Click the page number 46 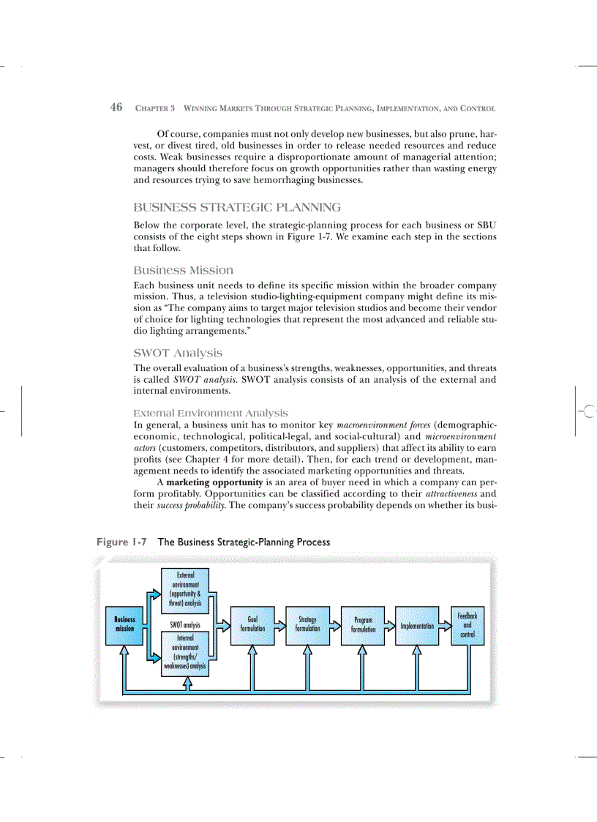pyautogui.click(x=116, y=108)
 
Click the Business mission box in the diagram pyautogui.click(x=124, y=624)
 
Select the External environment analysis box pyautogui.click(x=185, y=590)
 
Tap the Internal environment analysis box pyautogui.click(x=185, y=653)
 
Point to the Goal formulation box pyautogui.click(x=252, y=624)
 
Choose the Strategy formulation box pyautogui.click(x=307, y=624)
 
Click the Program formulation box pyautogui.click(x=363, y=624)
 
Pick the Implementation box pyautogui.click(x=417, y=626)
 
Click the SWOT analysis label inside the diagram pyautogui.click(x=185, y=625)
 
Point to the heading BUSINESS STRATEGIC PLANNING pyautogui.click(x=237, y=208)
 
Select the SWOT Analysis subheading pyautogui.click(x=179, y=353)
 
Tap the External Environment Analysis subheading pyautogui.click(x=211, y=413)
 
